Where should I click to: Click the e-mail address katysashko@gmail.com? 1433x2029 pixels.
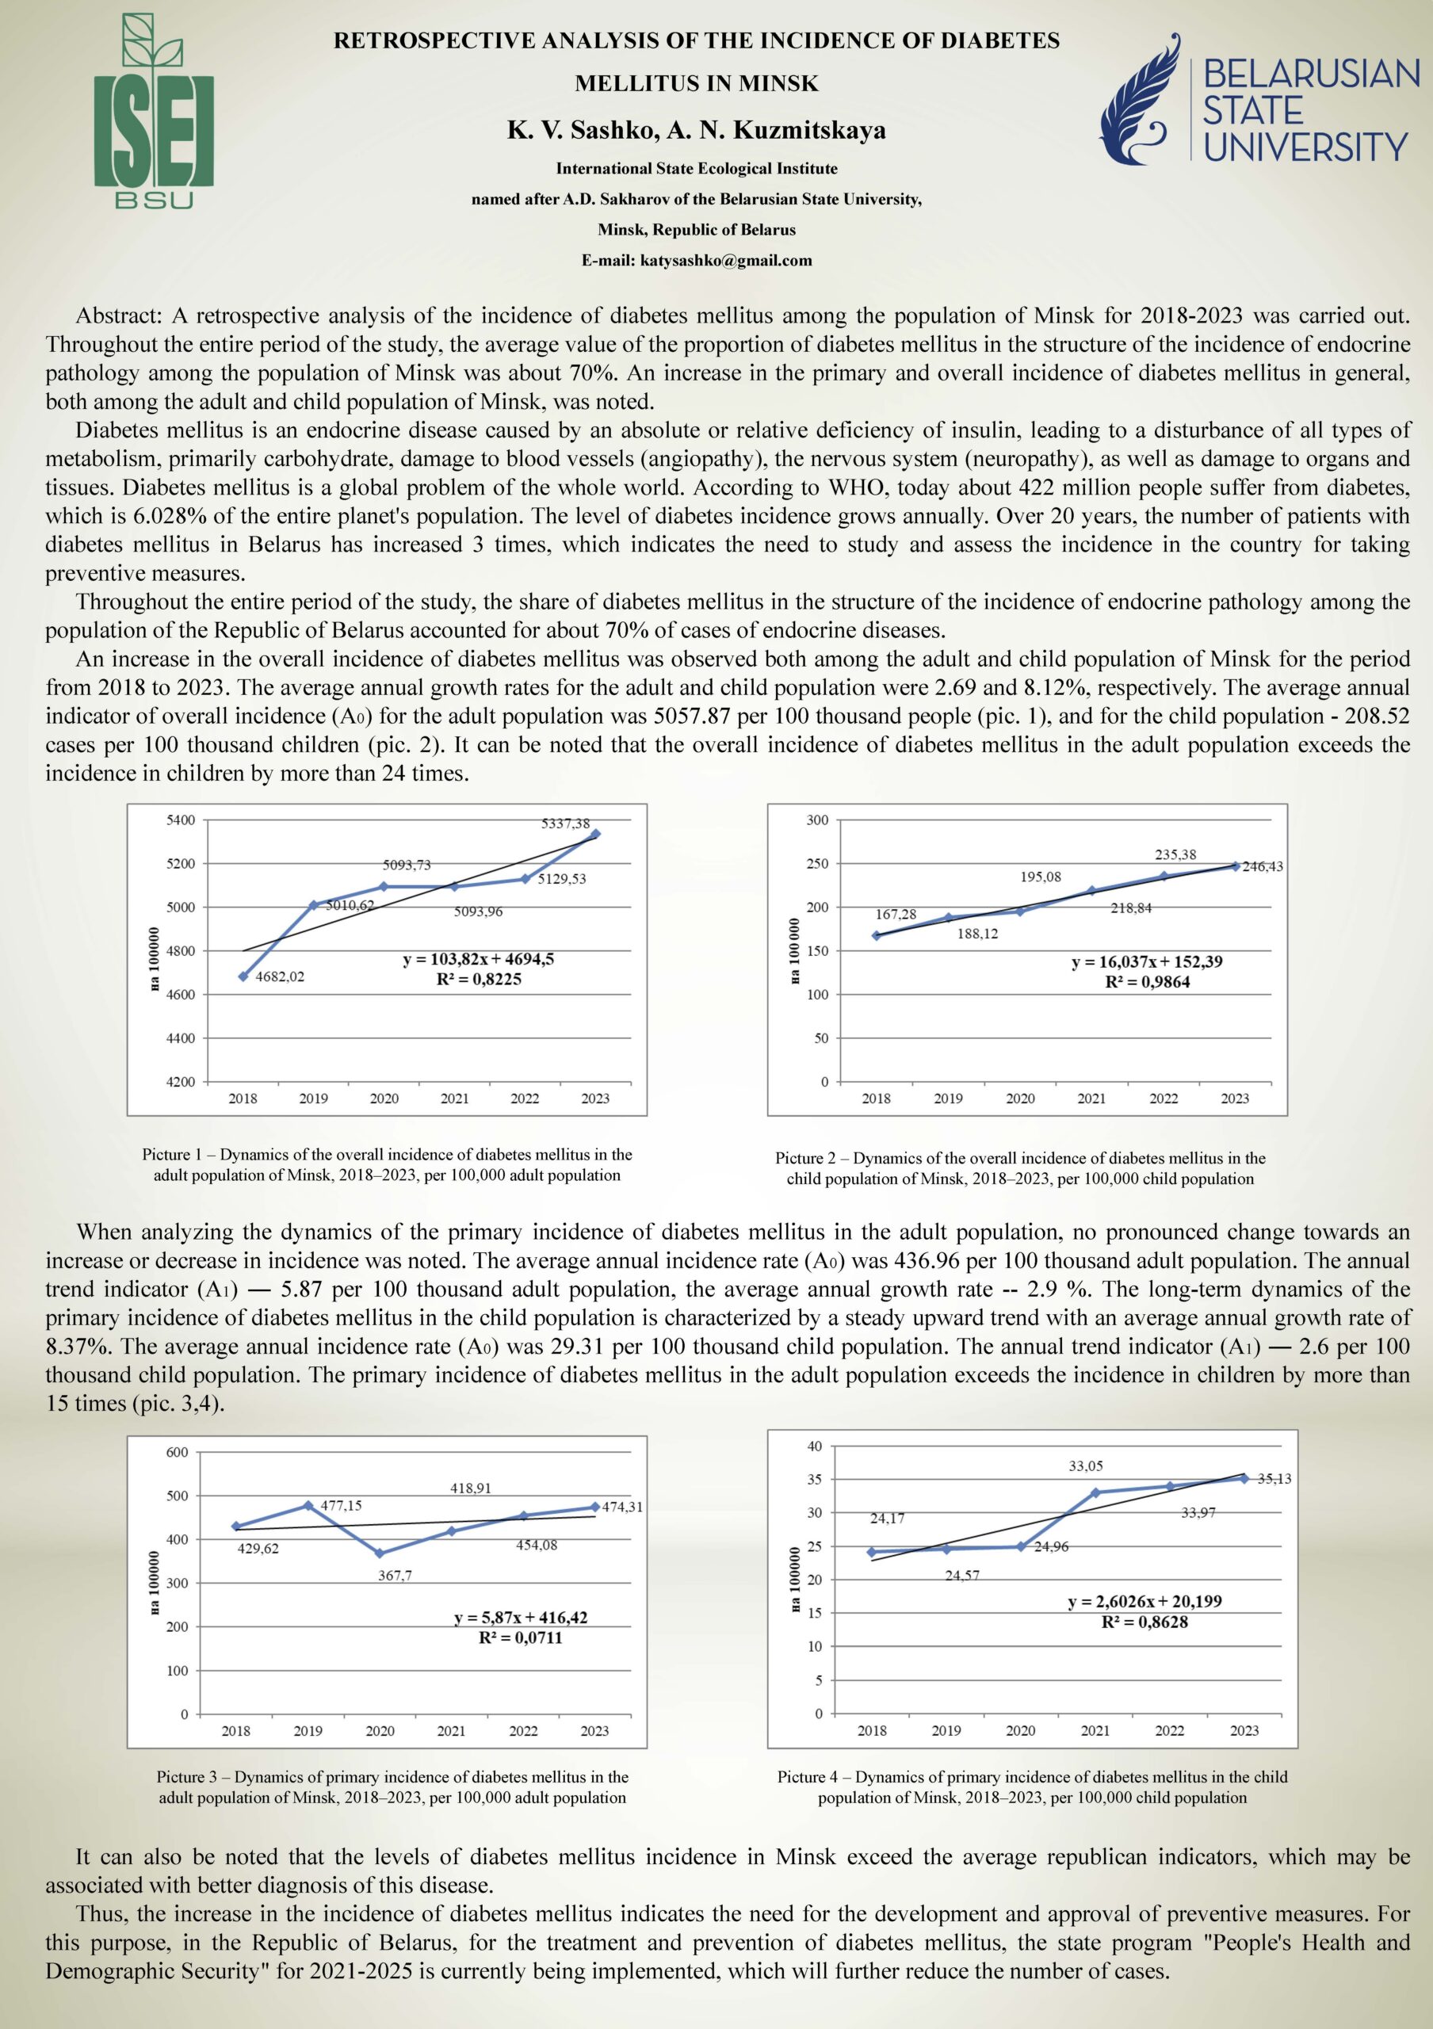(696, 261)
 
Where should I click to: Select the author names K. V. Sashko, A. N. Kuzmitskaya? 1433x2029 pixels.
(696, 131)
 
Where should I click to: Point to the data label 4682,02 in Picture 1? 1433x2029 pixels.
(279, 976)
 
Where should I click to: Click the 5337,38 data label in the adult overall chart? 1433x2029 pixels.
(565, 823)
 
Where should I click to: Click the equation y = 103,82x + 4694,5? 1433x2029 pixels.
(478, 959)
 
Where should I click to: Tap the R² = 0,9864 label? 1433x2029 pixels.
(1147, 982)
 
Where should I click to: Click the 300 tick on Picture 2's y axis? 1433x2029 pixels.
(817, 820)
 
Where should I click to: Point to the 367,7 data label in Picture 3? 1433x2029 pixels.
(395, 1576)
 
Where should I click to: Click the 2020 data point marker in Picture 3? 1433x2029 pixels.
(380, 1553)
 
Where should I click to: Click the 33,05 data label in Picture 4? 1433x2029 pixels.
(1085, 1466)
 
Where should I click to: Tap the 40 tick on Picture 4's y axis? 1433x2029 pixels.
(815, 1446)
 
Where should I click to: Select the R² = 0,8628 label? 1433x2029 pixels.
(1144, 1622)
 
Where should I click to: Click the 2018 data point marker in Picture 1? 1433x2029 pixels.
(243, 976)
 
